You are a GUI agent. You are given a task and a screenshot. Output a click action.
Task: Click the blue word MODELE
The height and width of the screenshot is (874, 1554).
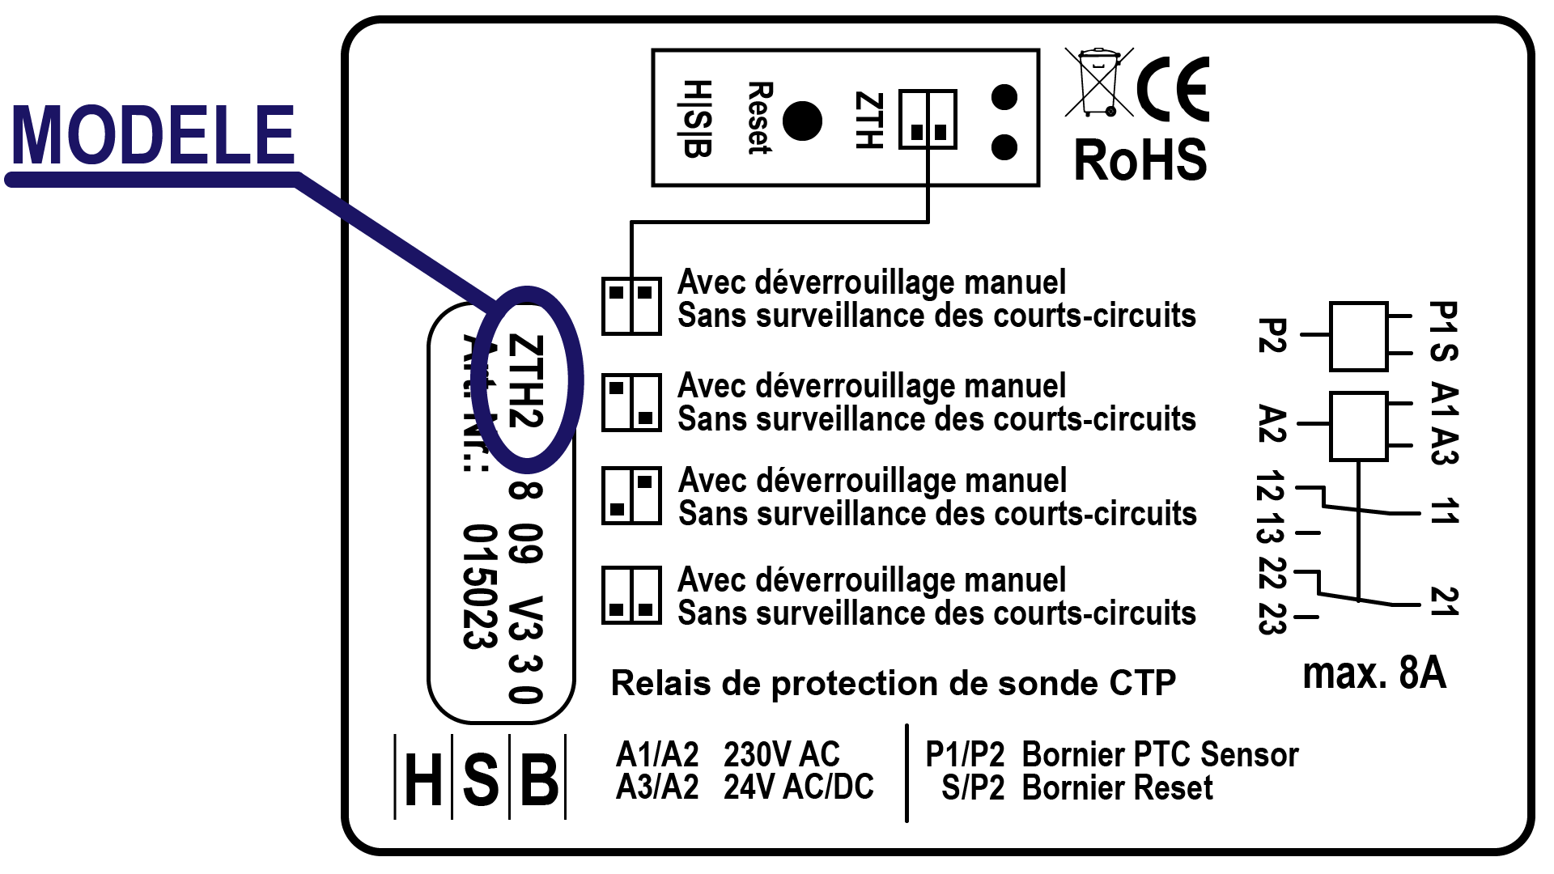tap(152, 135)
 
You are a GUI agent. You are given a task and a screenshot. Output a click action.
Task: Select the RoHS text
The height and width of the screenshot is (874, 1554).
tap(1140, 160)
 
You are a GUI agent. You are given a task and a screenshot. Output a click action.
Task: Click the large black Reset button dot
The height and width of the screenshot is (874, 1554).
tap(802, 121)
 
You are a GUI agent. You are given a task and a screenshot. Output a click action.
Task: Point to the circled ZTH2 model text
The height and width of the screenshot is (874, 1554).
tap(525, 381)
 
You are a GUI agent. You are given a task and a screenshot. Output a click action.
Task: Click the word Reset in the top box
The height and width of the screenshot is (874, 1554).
tap(759, 117)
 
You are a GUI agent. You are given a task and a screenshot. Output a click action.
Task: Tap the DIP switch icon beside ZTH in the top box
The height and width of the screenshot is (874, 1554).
tap(928, 120)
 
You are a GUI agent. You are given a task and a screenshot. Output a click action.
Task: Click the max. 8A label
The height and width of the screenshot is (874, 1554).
tap(1374, 673)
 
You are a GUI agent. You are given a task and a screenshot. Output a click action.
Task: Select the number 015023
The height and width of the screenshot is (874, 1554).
tap(478, 587)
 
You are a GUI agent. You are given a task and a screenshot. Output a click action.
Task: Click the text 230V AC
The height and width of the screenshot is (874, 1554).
tap(781, 754)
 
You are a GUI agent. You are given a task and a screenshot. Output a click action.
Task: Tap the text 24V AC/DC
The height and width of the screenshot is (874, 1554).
tap(798, 787)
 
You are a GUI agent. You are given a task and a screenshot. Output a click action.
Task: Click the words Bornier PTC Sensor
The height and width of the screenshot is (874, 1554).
tap(1159, 754)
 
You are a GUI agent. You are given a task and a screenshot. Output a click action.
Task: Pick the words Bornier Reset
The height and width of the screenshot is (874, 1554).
tap(1117, 787)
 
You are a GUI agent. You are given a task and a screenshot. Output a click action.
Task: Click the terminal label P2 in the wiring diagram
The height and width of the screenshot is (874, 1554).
tap(1272, 335)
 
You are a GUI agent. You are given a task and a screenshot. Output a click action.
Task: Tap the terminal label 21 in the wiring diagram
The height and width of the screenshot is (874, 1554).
tap(1443, 601)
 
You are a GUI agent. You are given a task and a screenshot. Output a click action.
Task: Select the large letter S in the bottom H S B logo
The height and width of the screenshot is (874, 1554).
tap(480, 779)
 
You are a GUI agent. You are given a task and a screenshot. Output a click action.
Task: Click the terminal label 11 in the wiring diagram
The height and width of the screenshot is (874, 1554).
tap(1443, 511)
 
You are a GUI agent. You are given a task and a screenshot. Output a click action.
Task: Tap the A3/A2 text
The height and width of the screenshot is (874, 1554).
tap(656, 787)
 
